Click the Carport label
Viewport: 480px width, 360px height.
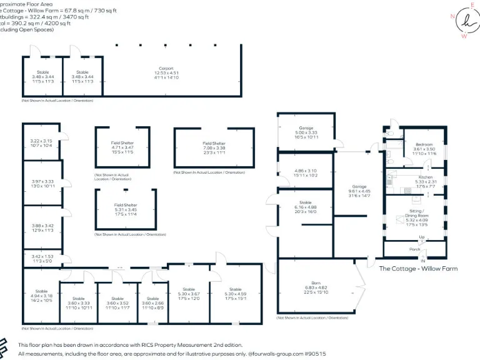[166, 68]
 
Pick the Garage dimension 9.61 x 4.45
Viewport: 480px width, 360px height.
[359, 191]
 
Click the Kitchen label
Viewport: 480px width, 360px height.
[425, 177]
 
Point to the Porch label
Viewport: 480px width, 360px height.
[414, 249]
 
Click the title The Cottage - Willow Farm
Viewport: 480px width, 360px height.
[418, 269]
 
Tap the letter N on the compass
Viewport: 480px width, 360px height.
[452, 17]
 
